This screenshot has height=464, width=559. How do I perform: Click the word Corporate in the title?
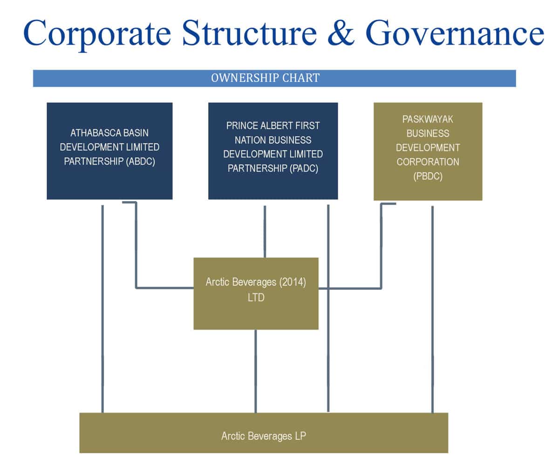[x=97, y=34]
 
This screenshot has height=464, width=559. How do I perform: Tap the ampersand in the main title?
[x=341, y=33]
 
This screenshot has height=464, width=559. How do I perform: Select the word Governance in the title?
[x=455, y=33]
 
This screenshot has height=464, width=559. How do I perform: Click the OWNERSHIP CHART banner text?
[x=266, y=78]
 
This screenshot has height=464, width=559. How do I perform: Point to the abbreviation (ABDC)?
[x=140, y=161]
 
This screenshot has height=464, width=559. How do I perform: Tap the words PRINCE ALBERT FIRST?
[x=273, y=126]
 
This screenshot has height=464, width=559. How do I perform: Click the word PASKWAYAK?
[x=428, y=119]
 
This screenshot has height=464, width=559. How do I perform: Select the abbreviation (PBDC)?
[x=428, y=176]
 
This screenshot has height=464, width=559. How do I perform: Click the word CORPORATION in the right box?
[x=428, y=162]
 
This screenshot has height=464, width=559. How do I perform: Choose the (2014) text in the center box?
[x=293, y=282]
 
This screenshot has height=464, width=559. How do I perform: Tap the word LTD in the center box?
[x=256, y=297]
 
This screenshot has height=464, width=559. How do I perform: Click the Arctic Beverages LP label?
[x=264, y=436]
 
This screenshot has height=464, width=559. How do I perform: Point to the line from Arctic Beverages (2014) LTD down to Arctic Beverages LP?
[x=256, y=371]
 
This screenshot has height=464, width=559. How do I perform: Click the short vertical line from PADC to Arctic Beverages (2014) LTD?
[x=265, y=232]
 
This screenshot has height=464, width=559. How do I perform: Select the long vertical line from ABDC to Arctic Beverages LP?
[x=102, y=309]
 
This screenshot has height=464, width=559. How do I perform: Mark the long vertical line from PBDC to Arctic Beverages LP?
[x=432, y=309]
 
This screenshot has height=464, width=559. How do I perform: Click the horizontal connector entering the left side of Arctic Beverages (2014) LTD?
[x=164, y=288]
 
